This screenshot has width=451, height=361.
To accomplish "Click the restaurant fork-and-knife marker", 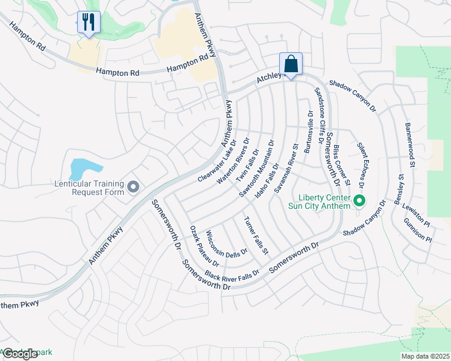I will click(x=89, y=22).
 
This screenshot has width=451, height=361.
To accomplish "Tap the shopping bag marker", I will click(x=291, y=63).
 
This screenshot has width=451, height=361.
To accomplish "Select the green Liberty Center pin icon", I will click(x=360, y=201).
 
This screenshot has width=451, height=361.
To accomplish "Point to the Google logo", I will click(x=19, y=354).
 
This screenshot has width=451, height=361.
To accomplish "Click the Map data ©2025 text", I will click(x=426, y=356).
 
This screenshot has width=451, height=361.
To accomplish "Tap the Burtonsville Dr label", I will click(x=309, y=131).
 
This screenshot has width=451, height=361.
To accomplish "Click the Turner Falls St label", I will click(x=256, y=235).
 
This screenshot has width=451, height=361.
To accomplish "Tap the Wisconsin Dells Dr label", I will click(x=227, y=242).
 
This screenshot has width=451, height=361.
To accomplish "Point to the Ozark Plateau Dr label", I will click(x=204, y=246).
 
